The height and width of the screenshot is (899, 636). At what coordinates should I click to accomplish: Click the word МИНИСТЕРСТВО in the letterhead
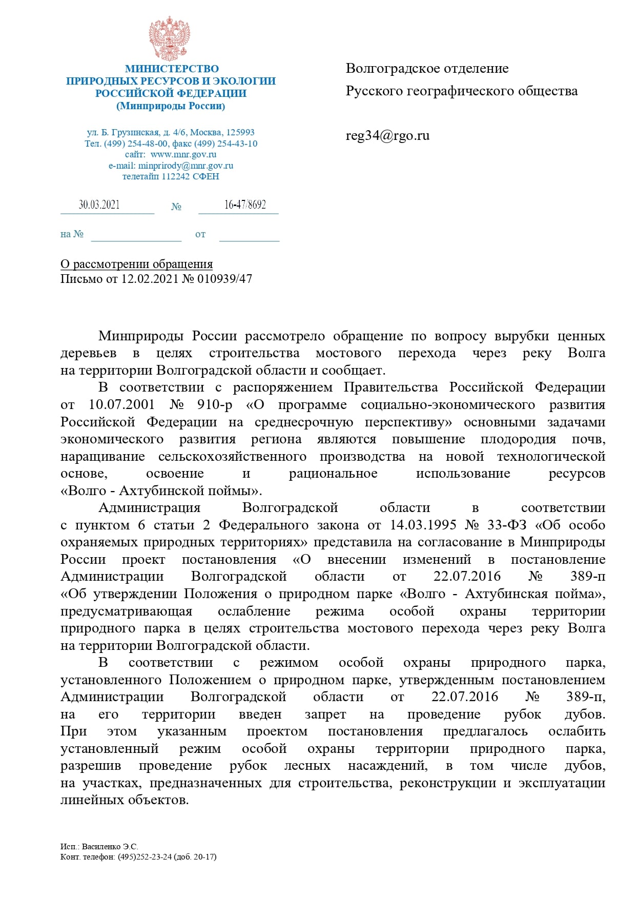coord(172,69)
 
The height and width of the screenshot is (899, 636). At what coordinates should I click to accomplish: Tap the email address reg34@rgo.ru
coord(387,136)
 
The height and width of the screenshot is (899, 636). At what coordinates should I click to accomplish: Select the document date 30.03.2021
coord(99,205)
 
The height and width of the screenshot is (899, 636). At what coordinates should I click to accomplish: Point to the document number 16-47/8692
coord(245,205)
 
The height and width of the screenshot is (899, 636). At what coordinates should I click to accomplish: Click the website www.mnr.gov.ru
coord(183,154)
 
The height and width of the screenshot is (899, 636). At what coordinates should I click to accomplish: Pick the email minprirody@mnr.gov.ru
coord(186,166)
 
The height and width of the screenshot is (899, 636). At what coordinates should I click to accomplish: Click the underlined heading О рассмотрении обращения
coord(136,264)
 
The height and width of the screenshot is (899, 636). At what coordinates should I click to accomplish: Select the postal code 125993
coord(240,132)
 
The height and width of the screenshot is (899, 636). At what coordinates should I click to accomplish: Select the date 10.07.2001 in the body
coord(121,404)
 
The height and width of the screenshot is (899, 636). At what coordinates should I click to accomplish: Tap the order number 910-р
coord(214,404)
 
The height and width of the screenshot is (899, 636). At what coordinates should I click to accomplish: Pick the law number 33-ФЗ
coord(506,525)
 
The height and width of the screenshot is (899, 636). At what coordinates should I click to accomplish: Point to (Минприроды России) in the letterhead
coord(171,106)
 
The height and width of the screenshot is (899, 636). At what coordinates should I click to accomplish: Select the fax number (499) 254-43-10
coord(227,144)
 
